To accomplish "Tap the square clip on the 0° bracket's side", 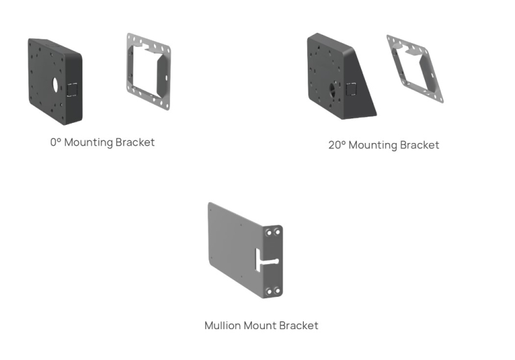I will click(72, 89).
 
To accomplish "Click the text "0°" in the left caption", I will click(55, 142).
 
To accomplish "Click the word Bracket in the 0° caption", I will click(135, 142).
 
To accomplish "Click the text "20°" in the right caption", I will click(337, 145).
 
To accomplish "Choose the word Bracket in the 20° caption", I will click(419, 145).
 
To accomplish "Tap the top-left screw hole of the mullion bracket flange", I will click(268, 231).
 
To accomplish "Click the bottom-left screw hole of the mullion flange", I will click(268, 291).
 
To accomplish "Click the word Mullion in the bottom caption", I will click(222, 325).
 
